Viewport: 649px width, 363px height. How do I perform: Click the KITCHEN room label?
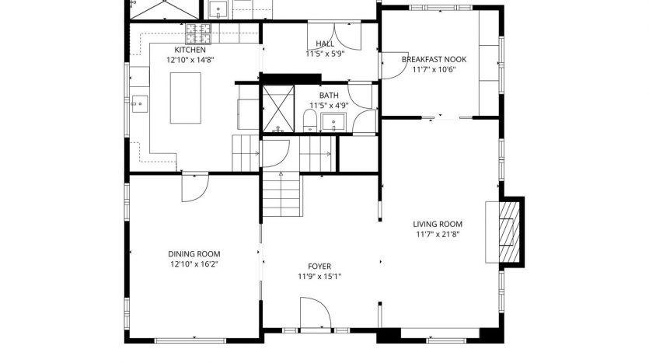click(x=190, y=50)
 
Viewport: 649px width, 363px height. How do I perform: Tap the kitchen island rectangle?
click(x=186, y=98)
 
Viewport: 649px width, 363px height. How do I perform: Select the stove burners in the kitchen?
click(x=198, y=33)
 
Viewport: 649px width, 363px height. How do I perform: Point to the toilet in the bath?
click(x=309, y=120)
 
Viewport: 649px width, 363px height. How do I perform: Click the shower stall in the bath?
click(x=278, y=110)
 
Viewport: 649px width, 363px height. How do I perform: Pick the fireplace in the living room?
click(x=509, y=232)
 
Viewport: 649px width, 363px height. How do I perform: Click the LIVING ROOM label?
click(x=438, y=225)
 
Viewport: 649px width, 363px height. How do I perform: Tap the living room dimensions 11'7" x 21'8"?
click(x=438, y=234)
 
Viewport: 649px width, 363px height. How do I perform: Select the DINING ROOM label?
click(x=194, y=254)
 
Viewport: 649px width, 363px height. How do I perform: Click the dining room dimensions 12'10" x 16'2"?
click(x=194, y=264)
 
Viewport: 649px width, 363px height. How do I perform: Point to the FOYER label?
click(x=319, y=267)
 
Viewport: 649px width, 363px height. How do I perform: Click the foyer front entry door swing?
click(x=316, y=313)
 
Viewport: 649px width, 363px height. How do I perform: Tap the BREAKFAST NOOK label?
click(x=434, y=59)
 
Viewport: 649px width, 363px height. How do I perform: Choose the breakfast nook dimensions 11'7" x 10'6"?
click(x=434, y=69)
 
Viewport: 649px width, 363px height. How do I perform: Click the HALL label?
click(x=325, y=44)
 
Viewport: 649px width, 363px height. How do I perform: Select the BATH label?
click(x=329, y=96)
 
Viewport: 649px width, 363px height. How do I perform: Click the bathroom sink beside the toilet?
click(x=333, y=121)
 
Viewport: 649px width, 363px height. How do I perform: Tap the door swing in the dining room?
click(x=195, y=187)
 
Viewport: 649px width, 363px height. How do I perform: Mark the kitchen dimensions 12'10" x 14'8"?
click(x=190, y=60)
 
